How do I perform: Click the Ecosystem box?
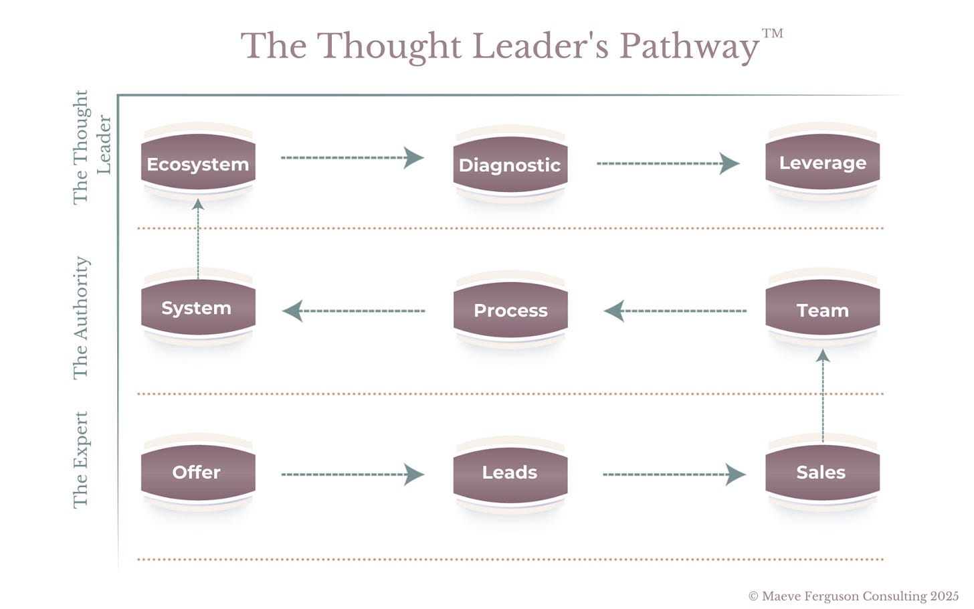coord(198,164)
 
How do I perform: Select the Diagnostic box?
coord(510,165)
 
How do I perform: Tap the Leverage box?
coord(822,163)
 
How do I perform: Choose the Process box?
coord(510,311)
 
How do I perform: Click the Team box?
coord(822,311)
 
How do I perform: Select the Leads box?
coord(510,472)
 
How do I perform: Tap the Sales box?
coord(822,472)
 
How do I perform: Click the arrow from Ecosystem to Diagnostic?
coord(353,158)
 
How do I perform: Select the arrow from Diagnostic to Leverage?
coord(668,163)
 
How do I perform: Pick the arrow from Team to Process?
coord(675,311)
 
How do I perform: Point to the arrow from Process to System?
coord(354,311)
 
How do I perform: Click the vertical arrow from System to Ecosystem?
coord(198,238)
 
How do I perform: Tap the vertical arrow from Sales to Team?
coord(823,395)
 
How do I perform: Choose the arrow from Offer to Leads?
coord(353,474)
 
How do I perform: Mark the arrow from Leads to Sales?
coord(674,474)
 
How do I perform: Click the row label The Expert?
coord(80,460)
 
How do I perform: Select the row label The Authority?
coord(80,318)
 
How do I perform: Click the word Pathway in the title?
coord(689,47)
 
